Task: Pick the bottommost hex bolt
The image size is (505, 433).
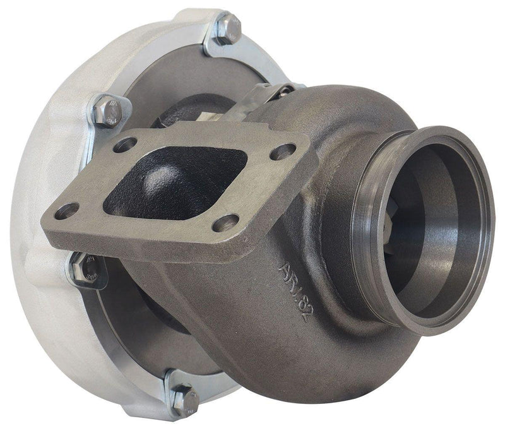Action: [x=184, y=396]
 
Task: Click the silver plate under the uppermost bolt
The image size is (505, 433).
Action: [x=215, y=44]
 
